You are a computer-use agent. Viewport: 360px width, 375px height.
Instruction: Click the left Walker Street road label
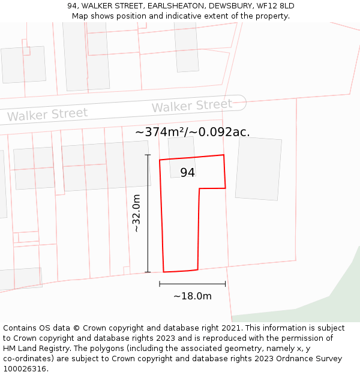tap(47, 114)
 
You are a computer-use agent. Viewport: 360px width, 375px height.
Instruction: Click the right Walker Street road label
tap(191, 106)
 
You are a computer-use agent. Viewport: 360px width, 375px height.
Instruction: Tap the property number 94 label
tap(187, 172)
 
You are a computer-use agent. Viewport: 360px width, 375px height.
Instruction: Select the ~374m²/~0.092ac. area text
tap(192, 132)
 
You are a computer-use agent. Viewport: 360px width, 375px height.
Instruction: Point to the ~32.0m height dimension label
tap(137, 213)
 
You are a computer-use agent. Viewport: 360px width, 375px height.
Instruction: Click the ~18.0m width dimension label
tap(193, 296)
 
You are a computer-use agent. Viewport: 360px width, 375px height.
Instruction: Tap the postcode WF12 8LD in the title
tap(274, 6)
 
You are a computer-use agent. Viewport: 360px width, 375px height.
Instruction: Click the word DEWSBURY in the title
tap(227, 6)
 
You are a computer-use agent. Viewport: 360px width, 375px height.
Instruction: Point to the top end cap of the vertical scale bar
tap(148, 155)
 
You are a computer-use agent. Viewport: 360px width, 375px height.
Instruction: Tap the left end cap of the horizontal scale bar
tap(160, 284)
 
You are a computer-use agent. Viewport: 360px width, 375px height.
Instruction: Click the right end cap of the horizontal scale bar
tap(226, 284)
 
